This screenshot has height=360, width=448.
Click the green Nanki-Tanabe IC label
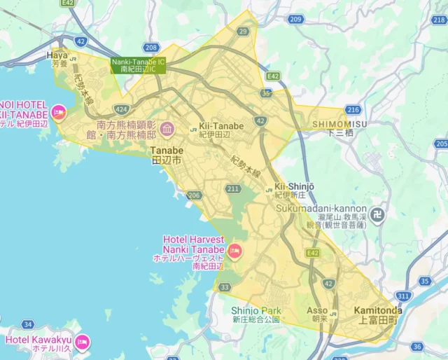pos(138,65)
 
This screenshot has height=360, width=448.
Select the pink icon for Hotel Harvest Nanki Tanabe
pos(235,249)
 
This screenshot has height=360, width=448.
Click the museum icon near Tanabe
pos(167,129)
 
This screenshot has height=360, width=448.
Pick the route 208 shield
pos(151,48)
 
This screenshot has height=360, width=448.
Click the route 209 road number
pos(295,19)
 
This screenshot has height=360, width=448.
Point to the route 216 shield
pos(353,109)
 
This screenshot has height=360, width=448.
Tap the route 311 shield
pos(402,296)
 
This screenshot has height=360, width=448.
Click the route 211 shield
pos(233,189)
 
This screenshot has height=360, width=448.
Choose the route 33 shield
pos(225,287)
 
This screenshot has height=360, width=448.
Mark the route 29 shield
pos(243,32)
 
